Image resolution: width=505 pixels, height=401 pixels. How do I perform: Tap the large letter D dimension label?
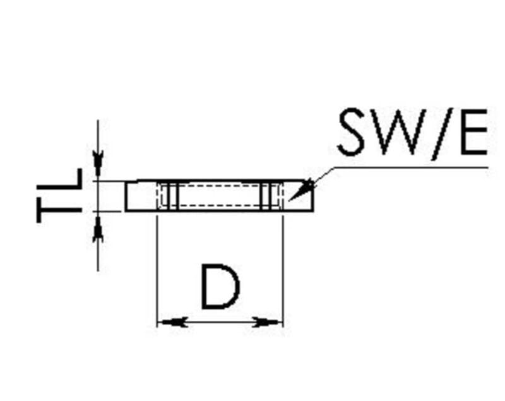[x=220, y=287]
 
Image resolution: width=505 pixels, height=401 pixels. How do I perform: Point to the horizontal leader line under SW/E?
[x=410, y=167]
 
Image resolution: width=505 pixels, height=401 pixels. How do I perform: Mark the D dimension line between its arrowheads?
[x=220, y=322]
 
